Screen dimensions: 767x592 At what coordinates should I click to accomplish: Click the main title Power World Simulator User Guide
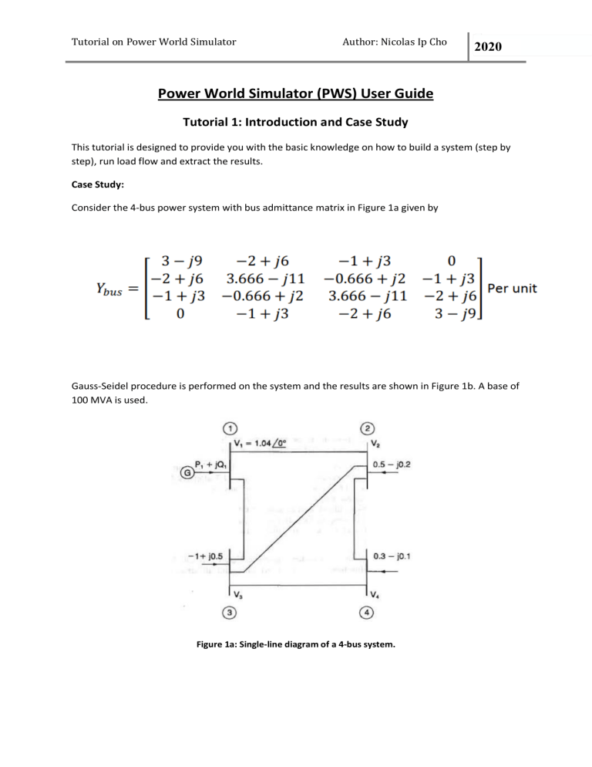pyautogui.click(x=296, y=94)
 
